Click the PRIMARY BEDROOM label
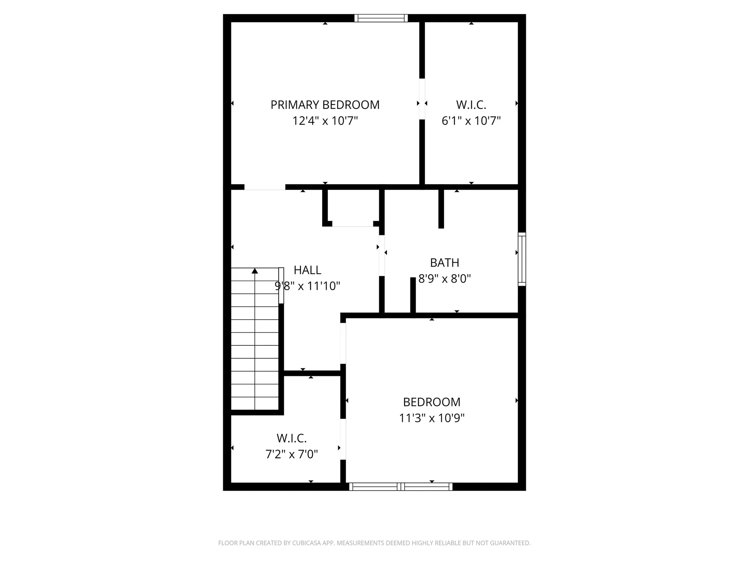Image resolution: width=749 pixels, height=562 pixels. (x=325, y=105)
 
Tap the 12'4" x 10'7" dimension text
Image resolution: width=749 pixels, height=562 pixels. (x=325, y=121)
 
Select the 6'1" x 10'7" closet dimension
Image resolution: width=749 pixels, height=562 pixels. (x=471, y=121)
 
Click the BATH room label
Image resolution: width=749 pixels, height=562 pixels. (x=445, y=263)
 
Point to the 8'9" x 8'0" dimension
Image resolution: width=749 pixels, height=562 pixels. (x=445, y=279)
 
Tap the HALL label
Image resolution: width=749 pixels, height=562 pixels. (x=307, y=270)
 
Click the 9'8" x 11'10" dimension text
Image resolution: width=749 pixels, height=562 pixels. (x=307, y=286)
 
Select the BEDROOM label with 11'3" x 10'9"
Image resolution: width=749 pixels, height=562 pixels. (x=432, y=402)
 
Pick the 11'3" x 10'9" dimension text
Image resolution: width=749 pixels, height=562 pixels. (x=432, y=418)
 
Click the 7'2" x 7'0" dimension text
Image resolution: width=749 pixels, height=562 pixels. (x=292, y=454)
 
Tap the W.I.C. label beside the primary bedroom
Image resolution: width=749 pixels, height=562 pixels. (x=471, y=105)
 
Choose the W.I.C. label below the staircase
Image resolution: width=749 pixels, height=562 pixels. (x=292, y=438)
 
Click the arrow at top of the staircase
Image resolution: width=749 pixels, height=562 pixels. (x=255, y=270)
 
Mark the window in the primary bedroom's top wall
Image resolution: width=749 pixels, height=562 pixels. (x=381, y=18)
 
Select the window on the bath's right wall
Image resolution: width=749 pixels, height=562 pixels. (x=522, y=259)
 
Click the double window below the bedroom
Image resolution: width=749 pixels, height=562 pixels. (x=401, y=487)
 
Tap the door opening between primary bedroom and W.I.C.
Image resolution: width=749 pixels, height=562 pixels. (x=422, y=99)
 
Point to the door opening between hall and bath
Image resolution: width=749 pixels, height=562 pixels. (x=382, y=256)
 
